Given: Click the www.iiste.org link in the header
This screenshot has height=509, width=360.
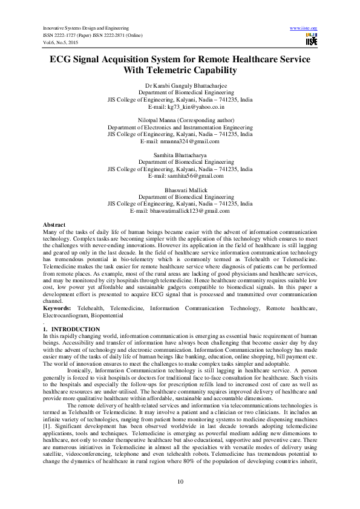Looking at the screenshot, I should point(304,28).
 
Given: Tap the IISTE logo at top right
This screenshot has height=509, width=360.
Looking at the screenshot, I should point(311,41).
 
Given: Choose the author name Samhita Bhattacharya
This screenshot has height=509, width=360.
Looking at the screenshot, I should point(179,155).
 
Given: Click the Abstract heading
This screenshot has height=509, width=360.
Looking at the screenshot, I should point(55,224).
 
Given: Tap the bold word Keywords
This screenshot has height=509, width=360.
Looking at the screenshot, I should point(56,308).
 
